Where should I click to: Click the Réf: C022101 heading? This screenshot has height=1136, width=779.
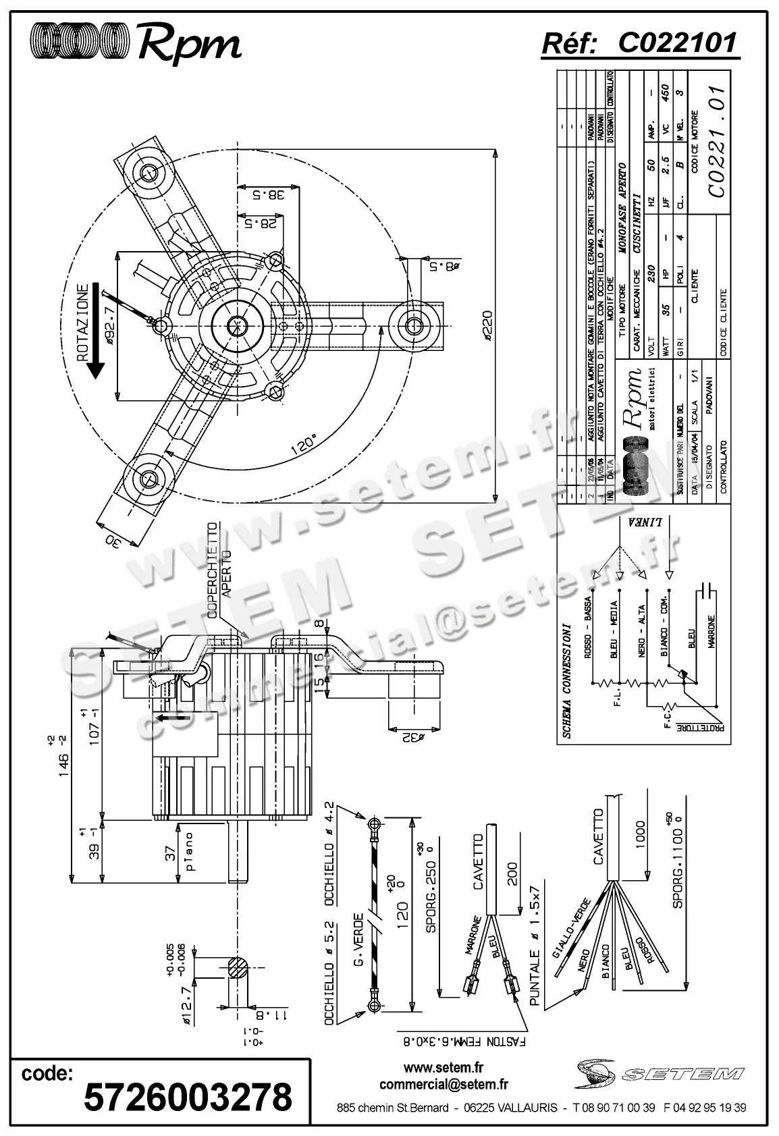coord(639,43)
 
